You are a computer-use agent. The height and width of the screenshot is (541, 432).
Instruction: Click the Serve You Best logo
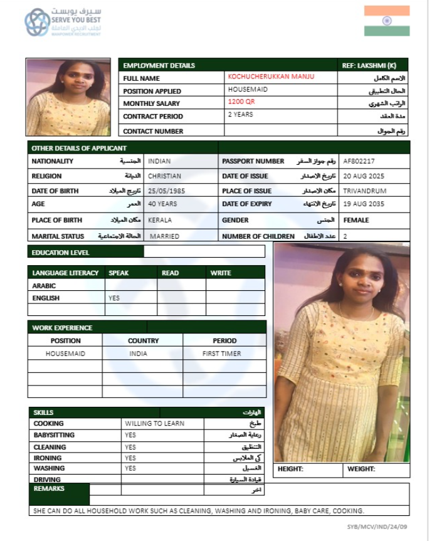tap(62, 22)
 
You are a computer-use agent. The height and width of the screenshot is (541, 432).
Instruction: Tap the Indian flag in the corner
tap(387, 21)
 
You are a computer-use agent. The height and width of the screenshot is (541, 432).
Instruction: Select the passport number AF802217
tap(360, 161)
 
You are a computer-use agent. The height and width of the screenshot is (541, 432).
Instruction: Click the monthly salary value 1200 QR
tap(241, 102)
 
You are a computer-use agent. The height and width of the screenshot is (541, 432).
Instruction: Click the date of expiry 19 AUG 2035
tap(365, 204)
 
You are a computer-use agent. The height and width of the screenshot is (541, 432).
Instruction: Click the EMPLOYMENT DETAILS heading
tap(159, 66)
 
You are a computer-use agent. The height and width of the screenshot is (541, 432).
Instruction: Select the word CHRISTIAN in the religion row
tap(165, 176)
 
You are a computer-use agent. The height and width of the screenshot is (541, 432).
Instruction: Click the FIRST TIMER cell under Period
tap(221, 354)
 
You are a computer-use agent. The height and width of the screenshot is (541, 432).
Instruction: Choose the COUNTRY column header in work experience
tap(143, 341)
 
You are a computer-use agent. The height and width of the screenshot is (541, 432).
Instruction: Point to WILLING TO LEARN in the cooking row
tap(154, 424)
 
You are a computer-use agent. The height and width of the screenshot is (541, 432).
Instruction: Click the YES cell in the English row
tap(114, 298)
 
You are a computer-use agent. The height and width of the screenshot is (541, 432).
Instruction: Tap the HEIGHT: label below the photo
tap(290, 469)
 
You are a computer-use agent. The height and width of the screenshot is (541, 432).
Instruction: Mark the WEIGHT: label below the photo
tap(361, 469)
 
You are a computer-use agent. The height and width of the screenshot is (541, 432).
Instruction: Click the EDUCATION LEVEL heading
tap(60, 253)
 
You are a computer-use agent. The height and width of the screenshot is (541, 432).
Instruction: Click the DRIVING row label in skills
tap(47, 480)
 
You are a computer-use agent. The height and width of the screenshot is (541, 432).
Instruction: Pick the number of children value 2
tap(345, 236)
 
